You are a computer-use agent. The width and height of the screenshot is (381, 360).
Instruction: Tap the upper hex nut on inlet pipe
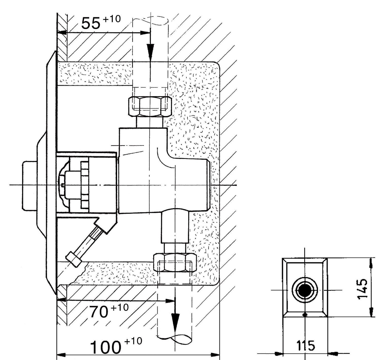(150, 106)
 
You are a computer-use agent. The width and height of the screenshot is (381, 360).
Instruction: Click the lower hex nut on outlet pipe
(175, 263)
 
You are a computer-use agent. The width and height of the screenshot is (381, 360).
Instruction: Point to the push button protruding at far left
(30, 185)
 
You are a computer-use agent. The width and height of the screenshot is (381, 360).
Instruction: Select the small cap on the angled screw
(74, 259)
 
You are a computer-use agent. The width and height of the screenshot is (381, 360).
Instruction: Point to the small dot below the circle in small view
(306, 314)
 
